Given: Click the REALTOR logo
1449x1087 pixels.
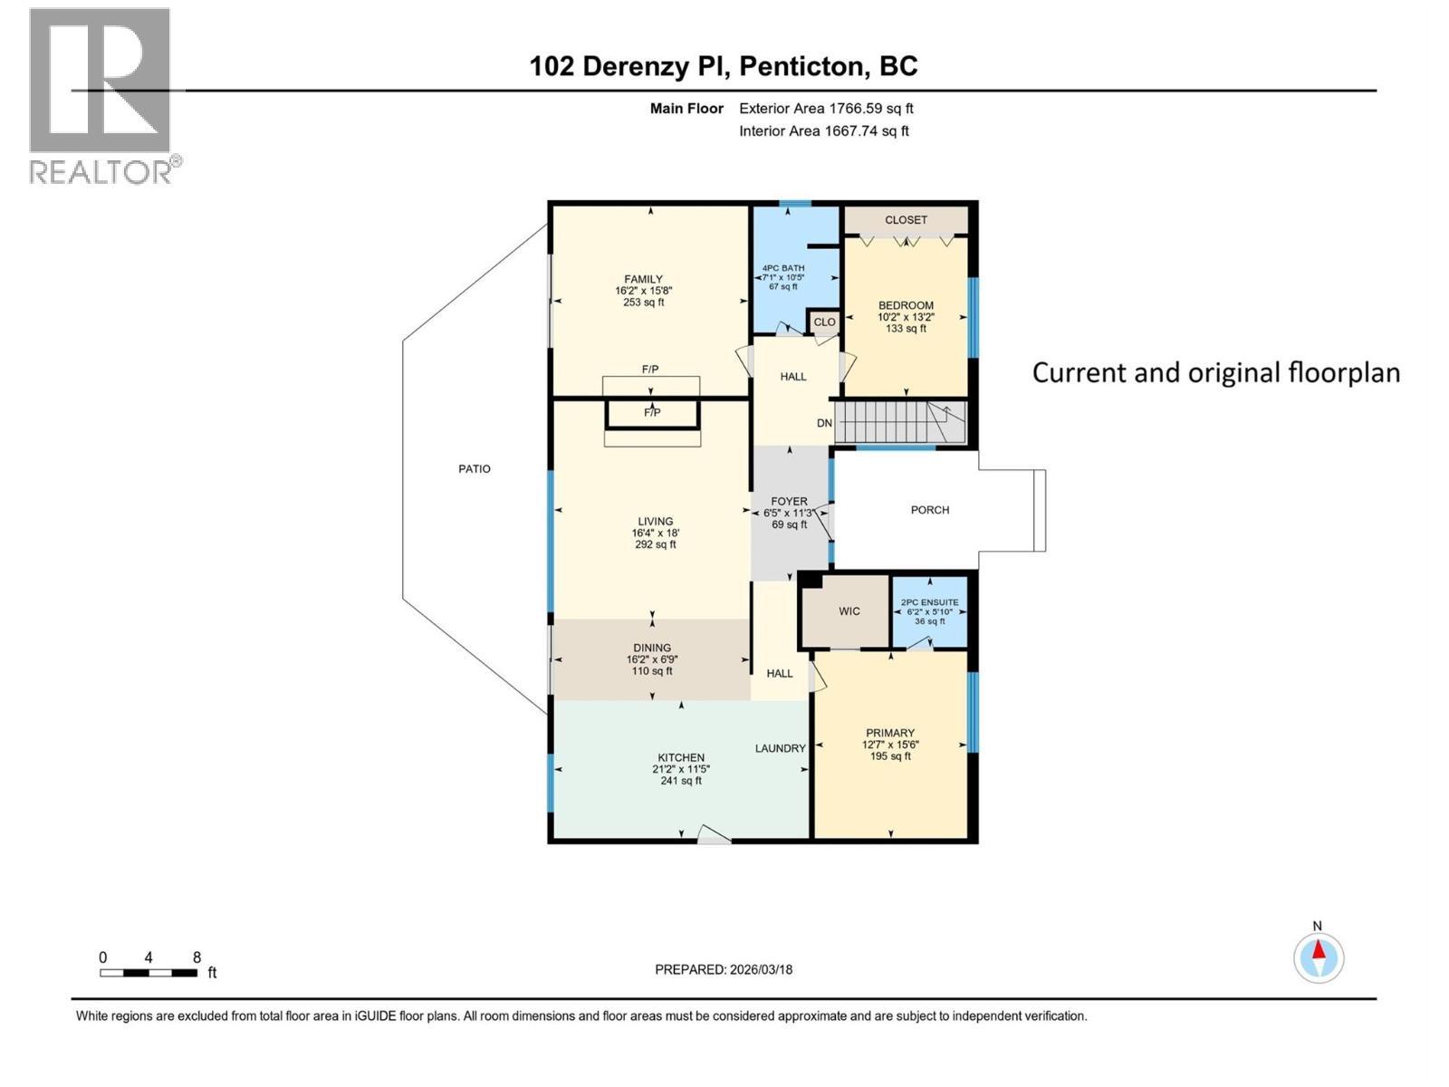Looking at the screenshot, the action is tap(105, 96).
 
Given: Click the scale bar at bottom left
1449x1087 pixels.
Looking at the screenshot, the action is tap(149, 973).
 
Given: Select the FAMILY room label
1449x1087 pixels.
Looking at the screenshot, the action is tap(643, 279).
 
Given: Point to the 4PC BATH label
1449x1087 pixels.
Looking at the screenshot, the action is tap(783, 268).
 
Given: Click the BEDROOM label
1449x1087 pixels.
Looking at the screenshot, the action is tap(906, 305).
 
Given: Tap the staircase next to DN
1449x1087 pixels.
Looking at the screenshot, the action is tap(900, 422).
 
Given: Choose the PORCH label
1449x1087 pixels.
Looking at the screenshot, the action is tap(929, 510).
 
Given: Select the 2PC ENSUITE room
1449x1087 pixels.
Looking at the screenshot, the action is tap(929, 611).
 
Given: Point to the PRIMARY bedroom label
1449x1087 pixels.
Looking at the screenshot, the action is tap(890, 733).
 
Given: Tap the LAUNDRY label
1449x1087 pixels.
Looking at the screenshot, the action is tap(781, 748).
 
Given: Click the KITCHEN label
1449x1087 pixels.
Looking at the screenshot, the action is tap(681, 757).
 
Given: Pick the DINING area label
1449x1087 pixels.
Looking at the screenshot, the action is tap(652, 648).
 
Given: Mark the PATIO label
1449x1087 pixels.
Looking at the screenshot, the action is tap(475, 469).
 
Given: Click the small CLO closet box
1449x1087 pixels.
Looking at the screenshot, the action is tap(824, 322).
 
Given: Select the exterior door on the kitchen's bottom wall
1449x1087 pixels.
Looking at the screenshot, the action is tap(715, 835).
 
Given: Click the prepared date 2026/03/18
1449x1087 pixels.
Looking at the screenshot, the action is tap(761, 969).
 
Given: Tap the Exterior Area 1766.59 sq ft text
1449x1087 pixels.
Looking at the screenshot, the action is tap(826, 109).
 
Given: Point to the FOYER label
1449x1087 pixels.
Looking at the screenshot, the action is tap(789, 502).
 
